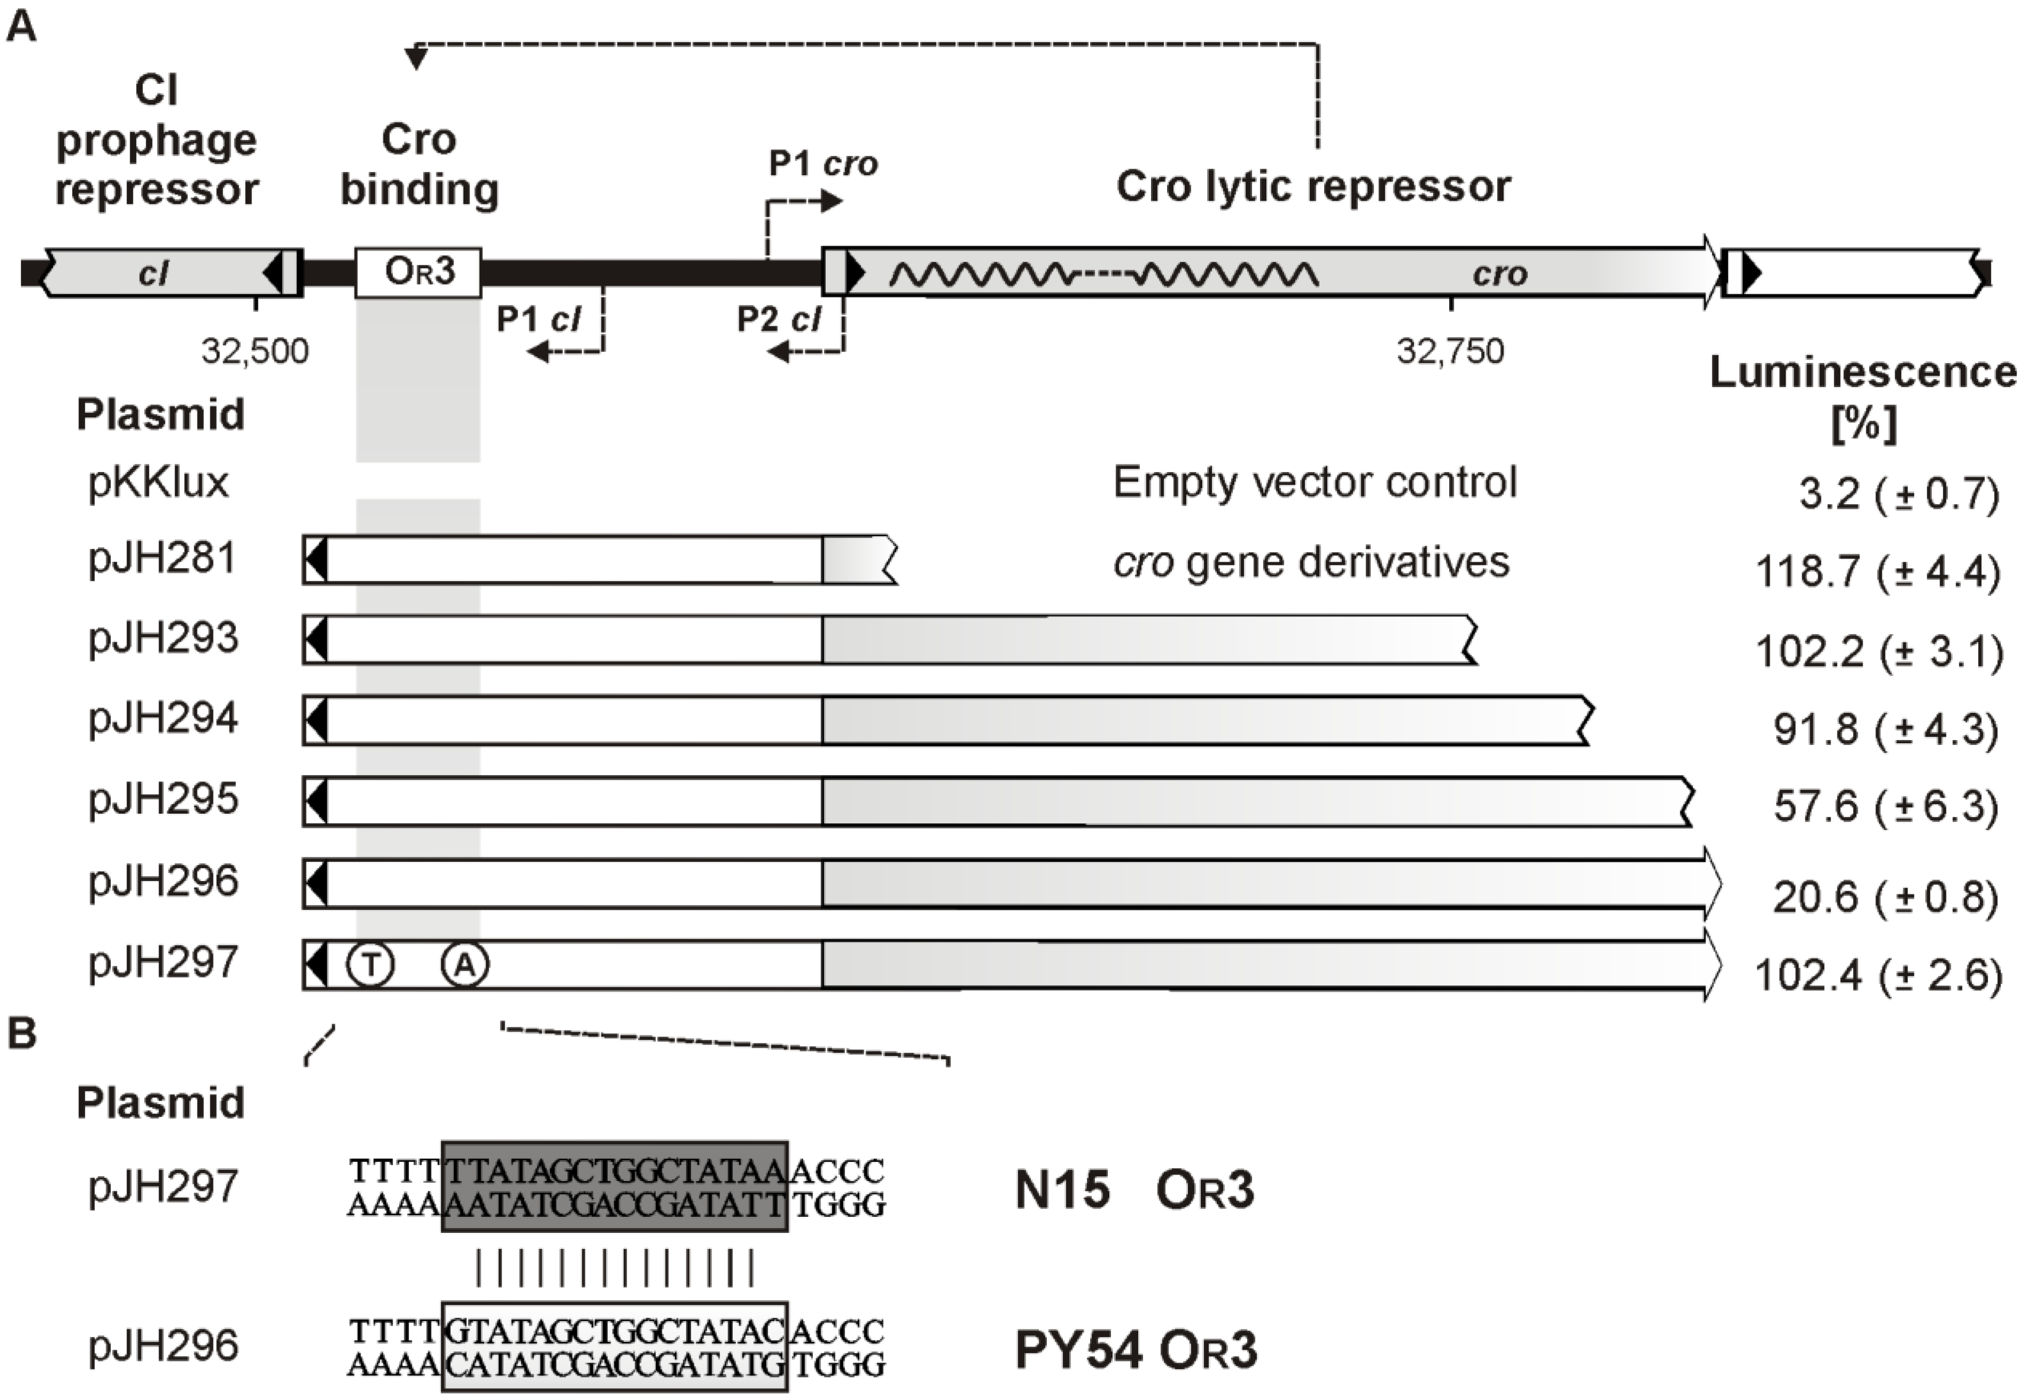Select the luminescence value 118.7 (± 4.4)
coord(1878,572)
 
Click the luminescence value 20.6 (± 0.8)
coord(1885,896)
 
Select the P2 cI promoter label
coord(778,319)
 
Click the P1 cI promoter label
coord(538,319)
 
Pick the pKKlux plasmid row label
coord(158,483)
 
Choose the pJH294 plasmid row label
coord(163,719)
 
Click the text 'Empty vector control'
coord(1314,483)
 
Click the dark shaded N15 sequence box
coord(614,1186)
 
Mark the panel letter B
coord(22,1033)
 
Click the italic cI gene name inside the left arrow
coord(153,274)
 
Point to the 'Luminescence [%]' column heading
coord(1863,397)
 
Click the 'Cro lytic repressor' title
coord(1313,186)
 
